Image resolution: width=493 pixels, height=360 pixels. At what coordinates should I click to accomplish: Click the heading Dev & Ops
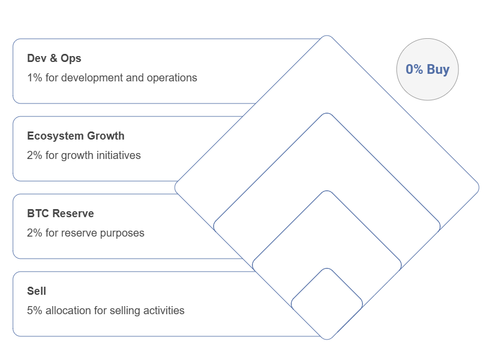pyautogui.click(x=54, y=58)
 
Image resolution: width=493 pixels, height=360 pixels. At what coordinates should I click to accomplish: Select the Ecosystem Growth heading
pyautogui.click(x=76, y=136)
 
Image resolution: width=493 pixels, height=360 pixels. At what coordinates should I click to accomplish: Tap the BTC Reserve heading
pyautogui.click(x=60, y=213)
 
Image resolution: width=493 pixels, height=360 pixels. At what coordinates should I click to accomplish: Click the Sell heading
pyautogui.click(x=37, y=291)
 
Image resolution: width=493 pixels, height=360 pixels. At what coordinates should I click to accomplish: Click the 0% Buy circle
pyautogui.click(x=427, y=70)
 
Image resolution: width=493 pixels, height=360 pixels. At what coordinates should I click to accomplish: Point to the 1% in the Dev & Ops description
pyautogui.click(x=35, y=78)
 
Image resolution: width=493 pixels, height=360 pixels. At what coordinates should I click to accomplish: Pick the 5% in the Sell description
pyautogui.click(x=35, y=310)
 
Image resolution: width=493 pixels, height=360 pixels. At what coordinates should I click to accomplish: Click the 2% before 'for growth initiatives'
pyautogui.click(x=35, y=155)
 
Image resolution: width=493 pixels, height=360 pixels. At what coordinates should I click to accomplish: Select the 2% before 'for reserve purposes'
pyautogui.click(x=35, y=233)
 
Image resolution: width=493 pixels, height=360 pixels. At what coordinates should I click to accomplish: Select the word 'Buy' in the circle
pyautogui.click(x=438, y=70)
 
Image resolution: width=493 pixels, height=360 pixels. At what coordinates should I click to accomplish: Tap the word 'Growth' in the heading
pyautogui.click(x=106, y=136)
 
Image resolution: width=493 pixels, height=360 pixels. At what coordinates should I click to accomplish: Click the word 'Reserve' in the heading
pyautogui.click(x=73, y=213)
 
